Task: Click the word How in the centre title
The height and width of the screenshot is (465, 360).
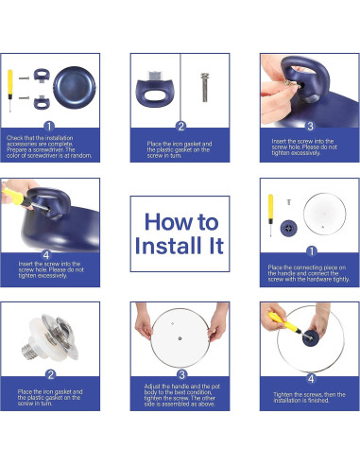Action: click(167, 222)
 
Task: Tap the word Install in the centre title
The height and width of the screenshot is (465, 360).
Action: click(168, 246)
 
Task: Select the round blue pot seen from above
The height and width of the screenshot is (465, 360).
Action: click(75, 88)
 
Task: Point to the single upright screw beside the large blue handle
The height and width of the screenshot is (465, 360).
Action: click(205, 87)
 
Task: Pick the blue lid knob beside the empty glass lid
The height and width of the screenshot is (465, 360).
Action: click(288, 229)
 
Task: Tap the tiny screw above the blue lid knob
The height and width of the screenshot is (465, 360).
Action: click(288, 202)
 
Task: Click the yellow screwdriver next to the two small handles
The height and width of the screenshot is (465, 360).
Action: click(10, 91)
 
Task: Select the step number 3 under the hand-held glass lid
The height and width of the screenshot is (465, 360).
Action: click(181, 374)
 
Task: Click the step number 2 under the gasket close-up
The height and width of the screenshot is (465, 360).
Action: click(50, 374)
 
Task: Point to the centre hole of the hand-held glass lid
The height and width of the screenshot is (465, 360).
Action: click(180, 338)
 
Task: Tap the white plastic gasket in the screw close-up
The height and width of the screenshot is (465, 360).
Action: click(40, 337)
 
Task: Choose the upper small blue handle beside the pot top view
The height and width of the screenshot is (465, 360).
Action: click(42, 75)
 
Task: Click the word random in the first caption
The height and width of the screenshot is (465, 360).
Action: click(81, 155)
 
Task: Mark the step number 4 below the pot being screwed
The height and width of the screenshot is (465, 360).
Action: click(46, 254)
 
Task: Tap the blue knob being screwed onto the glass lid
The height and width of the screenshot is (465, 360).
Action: click(311, 338)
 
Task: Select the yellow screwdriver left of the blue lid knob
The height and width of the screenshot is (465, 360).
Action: click(270, 215)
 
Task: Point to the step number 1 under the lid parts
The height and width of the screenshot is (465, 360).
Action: click(311, 251)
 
